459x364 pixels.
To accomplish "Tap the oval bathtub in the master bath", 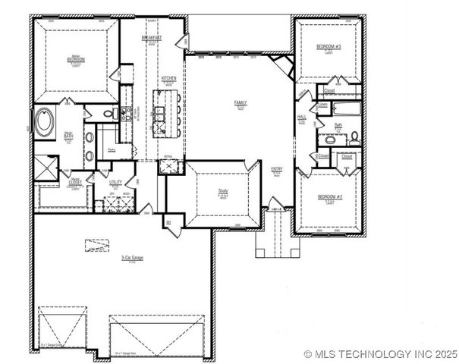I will click(x=45, y=124).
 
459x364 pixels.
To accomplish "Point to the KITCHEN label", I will click(x=168, y=79).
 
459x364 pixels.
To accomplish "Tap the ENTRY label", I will click(x=277, y=170).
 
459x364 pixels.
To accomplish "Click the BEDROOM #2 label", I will click(x=330, y=196).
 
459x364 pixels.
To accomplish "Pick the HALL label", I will click(x=301, y=117).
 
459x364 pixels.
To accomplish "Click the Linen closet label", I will click(x=323, y=105).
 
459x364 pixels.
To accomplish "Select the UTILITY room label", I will click(x=115, y=182).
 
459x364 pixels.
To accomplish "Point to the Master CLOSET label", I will click(x=76, y=183).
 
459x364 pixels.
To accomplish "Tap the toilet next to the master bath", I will click(x=115, y=115).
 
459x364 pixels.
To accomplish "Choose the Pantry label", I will click(x=112, y=150).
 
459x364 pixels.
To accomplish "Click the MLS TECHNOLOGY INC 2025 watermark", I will click(x=380, y=353).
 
